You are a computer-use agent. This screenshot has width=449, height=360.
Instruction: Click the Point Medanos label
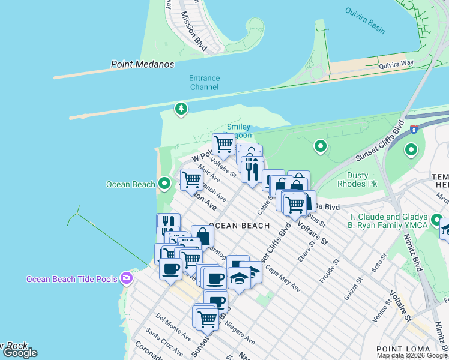click(142, 64)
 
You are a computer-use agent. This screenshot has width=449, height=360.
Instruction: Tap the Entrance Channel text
click(204, 83)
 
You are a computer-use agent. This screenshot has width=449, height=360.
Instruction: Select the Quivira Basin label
click(365, 13)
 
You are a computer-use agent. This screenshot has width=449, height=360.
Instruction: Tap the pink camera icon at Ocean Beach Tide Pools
click(126, 278)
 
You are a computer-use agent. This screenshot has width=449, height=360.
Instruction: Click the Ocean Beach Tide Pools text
click(72, 279)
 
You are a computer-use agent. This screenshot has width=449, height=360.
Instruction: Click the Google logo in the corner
click(20, 353)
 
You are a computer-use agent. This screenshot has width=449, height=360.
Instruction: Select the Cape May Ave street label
click(283, 278)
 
